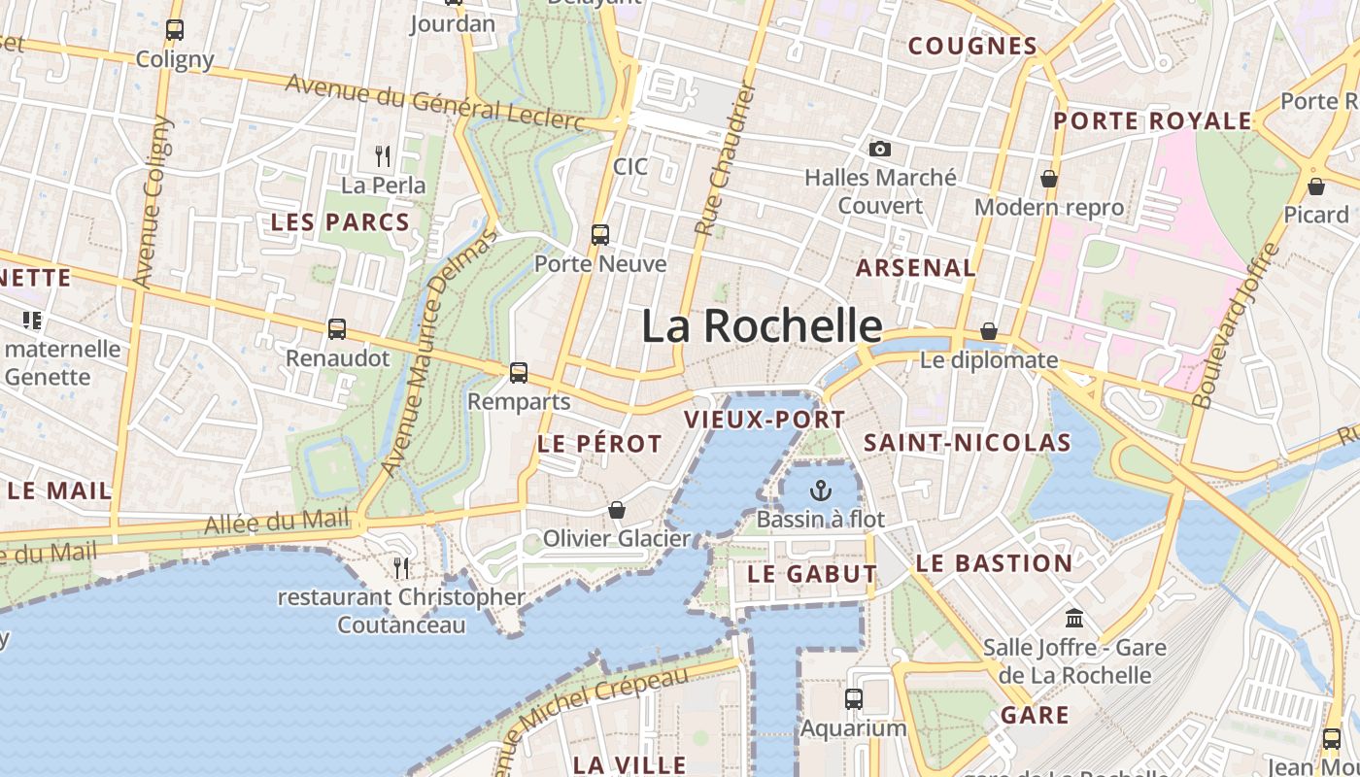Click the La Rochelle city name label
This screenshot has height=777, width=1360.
[x=762, y=326]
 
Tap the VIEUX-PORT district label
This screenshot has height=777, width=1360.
[x=765, y=420]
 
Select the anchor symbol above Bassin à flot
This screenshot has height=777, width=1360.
[x=821, y=490]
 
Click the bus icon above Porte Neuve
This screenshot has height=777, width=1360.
[x=600, y=234]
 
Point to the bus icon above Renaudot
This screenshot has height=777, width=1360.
[x=337, y=328]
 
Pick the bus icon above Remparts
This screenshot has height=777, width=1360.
[x=519, y=372]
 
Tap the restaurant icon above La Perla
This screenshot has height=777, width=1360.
[x=383, y=154]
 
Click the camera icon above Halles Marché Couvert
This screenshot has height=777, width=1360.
[x=880, y=149]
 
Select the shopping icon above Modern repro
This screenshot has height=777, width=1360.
[x=1049, y=179]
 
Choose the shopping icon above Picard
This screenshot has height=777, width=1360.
[x=1316, y=186]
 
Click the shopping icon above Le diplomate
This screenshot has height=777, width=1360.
[x=989, y=331]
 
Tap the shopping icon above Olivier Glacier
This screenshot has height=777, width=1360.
[x=616, y=509]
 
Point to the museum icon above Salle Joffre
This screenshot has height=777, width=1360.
[x=1074, y=618]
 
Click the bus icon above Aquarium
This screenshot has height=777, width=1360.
[x=853, y=698]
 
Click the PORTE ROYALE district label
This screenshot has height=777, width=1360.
[x=1153, y=121]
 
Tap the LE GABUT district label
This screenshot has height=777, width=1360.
[x=812, y=574]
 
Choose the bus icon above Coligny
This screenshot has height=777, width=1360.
[x=175, y=30]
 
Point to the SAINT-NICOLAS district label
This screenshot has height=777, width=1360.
[x=968, y=443]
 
